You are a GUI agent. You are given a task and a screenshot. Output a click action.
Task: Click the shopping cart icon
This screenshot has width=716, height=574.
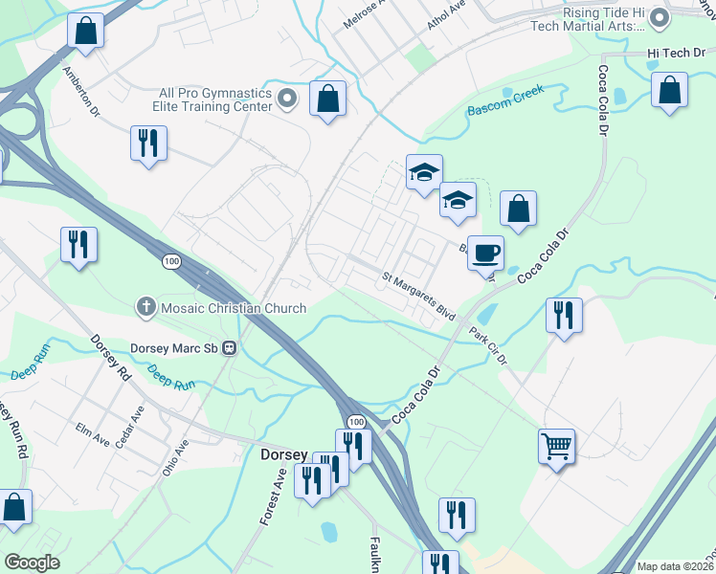pos(557,445)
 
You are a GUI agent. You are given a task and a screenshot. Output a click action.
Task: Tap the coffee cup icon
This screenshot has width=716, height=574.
pos(486,253)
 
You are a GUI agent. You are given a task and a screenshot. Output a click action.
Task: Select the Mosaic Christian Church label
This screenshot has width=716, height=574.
pos(234,308)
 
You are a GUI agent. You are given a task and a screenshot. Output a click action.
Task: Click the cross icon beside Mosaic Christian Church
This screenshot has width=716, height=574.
pos(146,307)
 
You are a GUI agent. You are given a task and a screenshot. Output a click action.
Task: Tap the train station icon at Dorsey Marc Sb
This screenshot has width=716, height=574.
pos(230,347)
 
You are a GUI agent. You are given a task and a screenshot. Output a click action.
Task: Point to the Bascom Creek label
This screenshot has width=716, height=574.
pos(505,100)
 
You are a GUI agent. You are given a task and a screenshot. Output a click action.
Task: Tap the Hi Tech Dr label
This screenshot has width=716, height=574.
pos(676,54)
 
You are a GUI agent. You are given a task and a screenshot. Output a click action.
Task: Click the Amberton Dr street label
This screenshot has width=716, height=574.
pos(81,91)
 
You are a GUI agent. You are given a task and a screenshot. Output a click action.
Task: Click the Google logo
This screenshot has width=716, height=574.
pos(32,562)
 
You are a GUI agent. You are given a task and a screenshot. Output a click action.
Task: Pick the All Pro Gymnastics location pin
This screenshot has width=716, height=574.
pos(286,99)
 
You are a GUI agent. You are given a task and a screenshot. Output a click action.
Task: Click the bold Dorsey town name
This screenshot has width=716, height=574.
pos(284,455)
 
